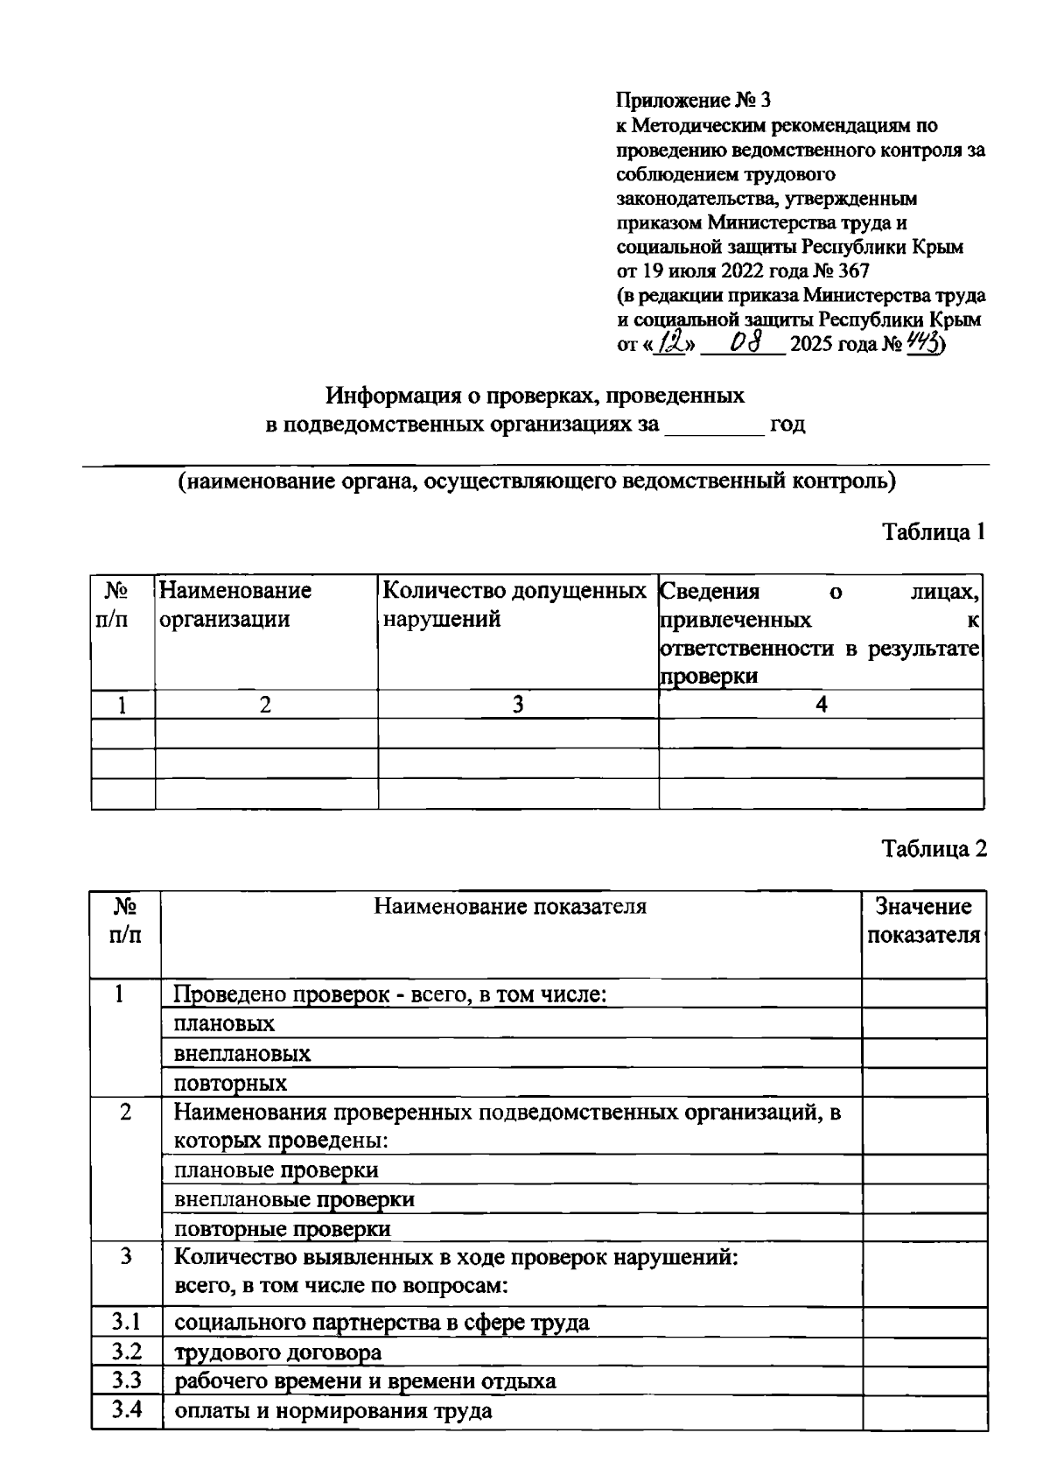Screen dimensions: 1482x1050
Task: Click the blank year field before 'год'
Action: point(714,426)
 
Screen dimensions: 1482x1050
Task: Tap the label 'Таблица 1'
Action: point(934,532)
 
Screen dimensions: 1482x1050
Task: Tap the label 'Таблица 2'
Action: point(934,849)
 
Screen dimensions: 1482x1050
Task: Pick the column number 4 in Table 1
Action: point(821,705)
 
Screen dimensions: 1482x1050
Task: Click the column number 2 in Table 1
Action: point(266,705)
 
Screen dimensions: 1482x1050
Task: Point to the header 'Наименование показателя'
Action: point(510,906)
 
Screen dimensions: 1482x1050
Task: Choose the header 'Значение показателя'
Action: point(923,920)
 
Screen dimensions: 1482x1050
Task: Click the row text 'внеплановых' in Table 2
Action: point(242,1053)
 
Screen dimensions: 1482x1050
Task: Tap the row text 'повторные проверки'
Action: point(283,1228)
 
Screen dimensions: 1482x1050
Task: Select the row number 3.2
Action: point(126,1352)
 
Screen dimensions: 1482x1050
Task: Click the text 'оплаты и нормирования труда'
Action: point(332,1410)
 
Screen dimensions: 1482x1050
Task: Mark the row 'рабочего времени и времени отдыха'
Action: point(365,1381)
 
